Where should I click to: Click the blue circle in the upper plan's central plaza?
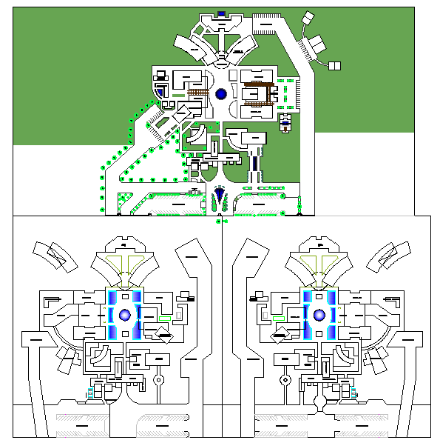click(x=220, y=94)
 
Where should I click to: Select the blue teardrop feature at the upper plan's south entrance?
click(x=220, y=196)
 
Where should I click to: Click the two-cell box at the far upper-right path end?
click(x=334, y=65)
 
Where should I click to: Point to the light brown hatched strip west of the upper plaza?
click(x=197, y=92)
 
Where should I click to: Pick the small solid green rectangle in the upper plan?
click(x=180, y=95)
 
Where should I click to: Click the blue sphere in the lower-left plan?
click(x=124, y=315)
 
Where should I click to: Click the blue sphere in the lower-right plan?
click(x=319, y=315)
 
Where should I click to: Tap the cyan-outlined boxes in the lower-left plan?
click(x=91, y=392)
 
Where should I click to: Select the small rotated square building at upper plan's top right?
click(x=307, y=19)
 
